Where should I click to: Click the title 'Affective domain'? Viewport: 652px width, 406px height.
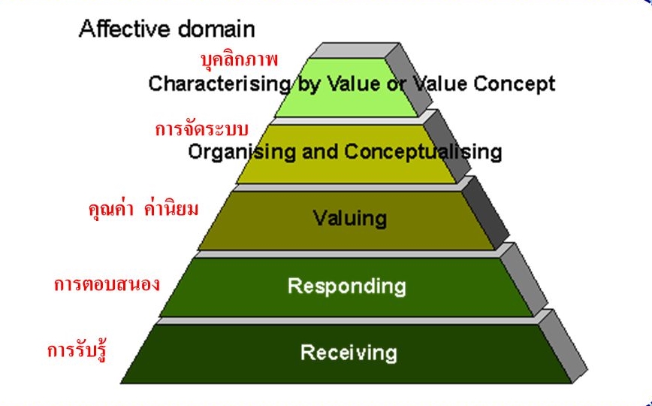tap(167, 30)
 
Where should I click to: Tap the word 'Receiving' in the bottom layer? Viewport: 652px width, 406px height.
tap(348, 352)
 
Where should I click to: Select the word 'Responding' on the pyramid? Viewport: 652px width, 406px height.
tap(346, 286)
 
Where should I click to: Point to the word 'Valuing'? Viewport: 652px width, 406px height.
tap(349, 219)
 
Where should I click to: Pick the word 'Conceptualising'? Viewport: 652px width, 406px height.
tap(423, 151)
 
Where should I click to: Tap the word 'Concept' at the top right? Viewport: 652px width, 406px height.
tap(514, 83)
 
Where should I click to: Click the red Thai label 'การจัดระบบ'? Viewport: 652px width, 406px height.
tap(201, 128)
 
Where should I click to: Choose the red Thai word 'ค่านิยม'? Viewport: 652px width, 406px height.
tap(172, 208)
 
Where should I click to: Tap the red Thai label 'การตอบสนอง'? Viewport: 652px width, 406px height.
tap(107, 285)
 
